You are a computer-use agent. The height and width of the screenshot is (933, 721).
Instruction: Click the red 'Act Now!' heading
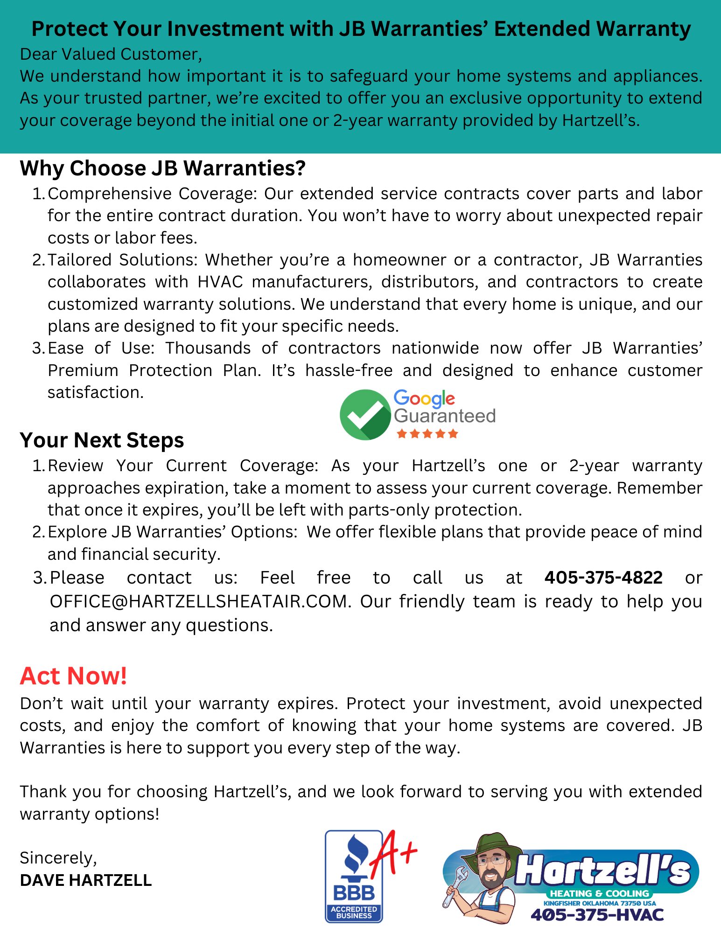(x=73, y=676)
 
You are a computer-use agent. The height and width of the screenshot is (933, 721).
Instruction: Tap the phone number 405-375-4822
(x=603, y=578)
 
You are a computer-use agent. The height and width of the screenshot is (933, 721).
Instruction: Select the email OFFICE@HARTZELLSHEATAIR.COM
(x=199, y=601)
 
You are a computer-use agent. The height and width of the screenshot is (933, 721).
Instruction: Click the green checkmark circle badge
(x=364, y=415)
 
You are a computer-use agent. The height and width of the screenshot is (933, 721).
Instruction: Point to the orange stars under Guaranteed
(x=427, y=434)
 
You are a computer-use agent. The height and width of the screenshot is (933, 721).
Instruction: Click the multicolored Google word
(x=424, y=398)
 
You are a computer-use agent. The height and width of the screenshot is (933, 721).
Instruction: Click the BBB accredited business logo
(x=353, y=877)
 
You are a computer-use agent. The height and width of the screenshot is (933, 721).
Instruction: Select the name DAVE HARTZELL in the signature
(x=86, y=880)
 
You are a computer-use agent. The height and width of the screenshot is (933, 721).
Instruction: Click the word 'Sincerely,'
(x=58, y=858)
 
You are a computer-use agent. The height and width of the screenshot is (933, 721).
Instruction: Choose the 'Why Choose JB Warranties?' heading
(x=162, y=168)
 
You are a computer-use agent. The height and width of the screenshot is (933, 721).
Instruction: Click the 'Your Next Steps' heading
(x=102, y=440)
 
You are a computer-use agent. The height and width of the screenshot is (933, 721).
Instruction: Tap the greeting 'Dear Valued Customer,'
(x=111, y=54)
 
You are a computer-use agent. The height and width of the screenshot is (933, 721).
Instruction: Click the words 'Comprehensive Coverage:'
(x=152, y=194)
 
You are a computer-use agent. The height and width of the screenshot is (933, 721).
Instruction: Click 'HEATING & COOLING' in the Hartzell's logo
(x=599, y=894)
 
